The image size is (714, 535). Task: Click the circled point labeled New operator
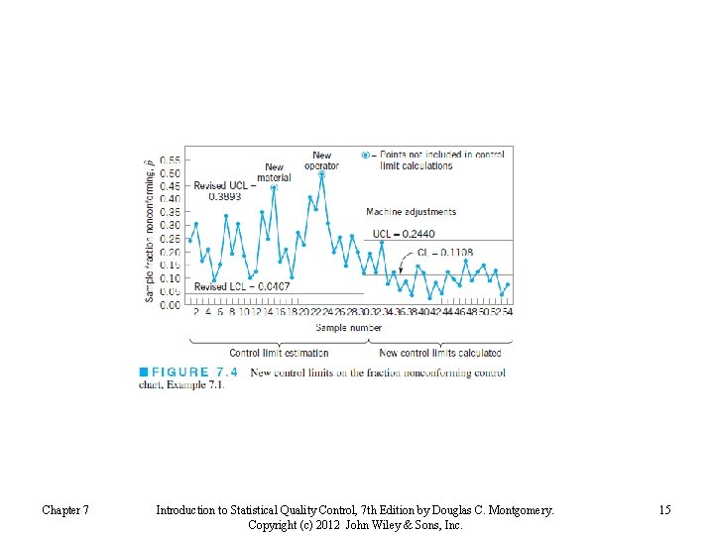(321, 175)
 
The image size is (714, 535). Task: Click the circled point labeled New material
(274, 187)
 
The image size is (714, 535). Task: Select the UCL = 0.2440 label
(404, 234)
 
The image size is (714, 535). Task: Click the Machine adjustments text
(411, 212)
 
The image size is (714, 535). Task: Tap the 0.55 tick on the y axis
(170, 160)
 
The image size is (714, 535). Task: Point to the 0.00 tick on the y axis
(170, 305)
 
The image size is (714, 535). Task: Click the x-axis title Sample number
(348, 327)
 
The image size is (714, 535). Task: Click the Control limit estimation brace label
(279, 353)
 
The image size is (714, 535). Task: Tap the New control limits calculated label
(440, 353)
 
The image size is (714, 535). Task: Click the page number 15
(664, 510)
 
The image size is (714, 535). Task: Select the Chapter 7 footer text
(65, 510)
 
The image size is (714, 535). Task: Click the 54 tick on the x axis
(508, 312)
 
